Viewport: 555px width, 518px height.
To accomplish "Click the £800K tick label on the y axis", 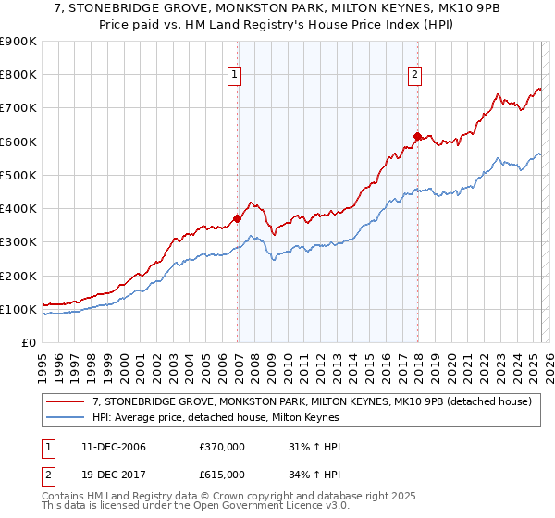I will click(x=18, y=75).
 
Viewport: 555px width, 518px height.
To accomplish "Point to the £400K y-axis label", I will click(x=18, y=209).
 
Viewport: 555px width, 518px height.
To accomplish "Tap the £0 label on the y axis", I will click(x=28, y=343).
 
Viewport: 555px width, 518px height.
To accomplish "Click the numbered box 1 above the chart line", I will click(x=235, y=76).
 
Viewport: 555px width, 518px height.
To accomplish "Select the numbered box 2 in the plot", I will click(x=414, y=76).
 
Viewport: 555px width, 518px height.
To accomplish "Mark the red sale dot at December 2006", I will click(x=237, y=219).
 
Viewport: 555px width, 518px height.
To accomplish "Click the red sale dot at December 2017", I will click(x=417, y=137).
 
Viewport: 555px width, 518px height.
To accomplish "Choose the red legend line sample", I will click(x=67, y=401).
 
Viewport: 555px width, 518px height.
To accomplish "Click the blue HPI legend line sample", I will click(x=67, y=417).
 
